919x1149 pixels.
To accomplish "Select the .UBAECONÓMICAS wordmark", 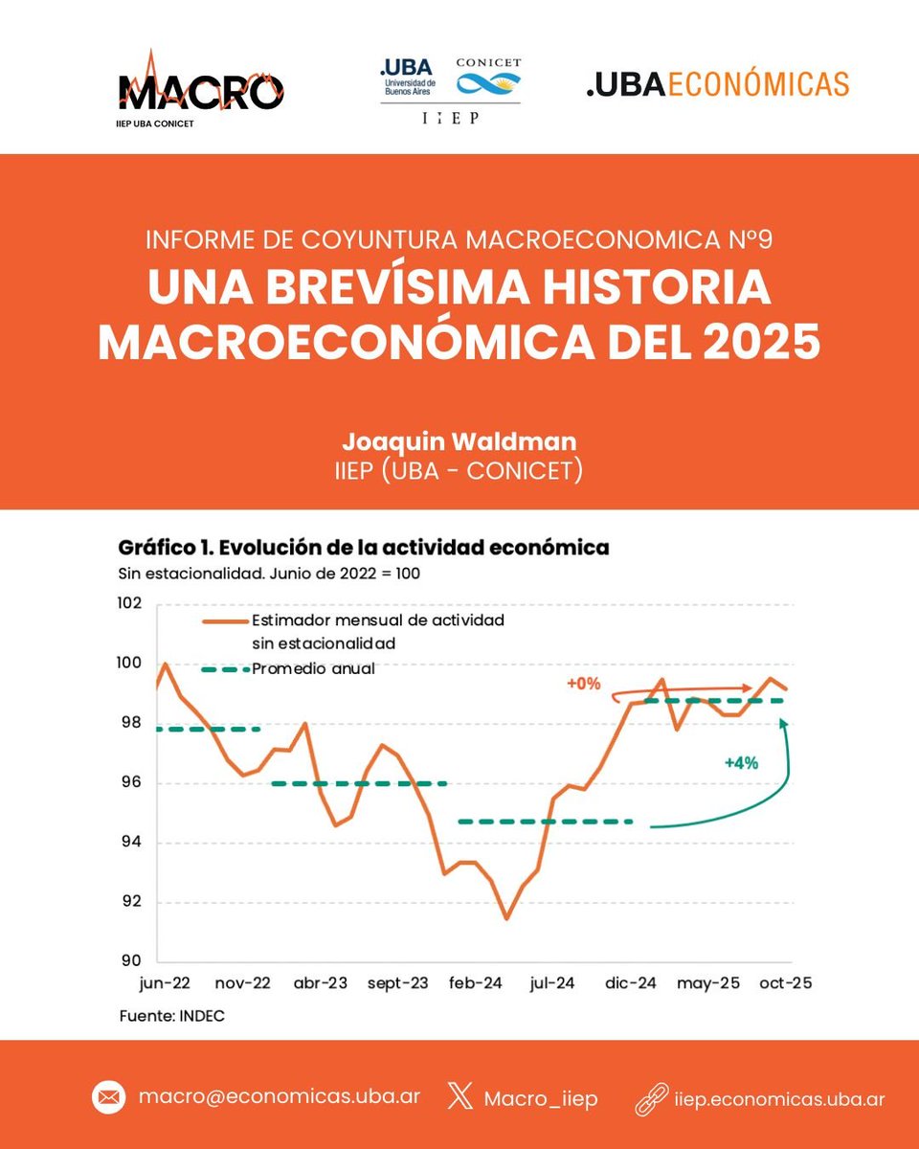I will (x=717, y=84).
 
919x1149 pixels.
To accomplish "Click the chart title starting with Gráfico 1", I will (x=364, y=549).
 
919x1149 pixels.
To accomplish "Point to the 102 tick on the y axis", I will (x=129, y=604).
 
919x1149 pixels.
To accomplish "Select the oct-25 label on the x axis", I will (x=784, y=983).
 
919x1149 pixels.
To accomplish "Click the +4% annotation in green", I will (x=740, y=763).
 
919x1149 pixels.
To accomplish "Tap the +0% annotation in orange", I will (x=582, y=684).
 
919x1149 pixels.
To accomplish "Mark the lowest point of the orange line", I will (x=506, y=918).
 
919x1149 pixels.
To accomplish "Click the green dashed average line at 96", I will (x=359, y=783).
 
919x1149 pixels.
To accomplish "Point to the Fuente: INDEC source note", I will (x=171, y=1016).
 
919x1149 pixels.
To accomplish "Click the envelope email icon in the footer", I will (x=109, y=1098).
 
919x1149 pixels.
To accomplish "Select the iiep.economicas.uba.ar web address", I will (x=776, y=1098).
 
